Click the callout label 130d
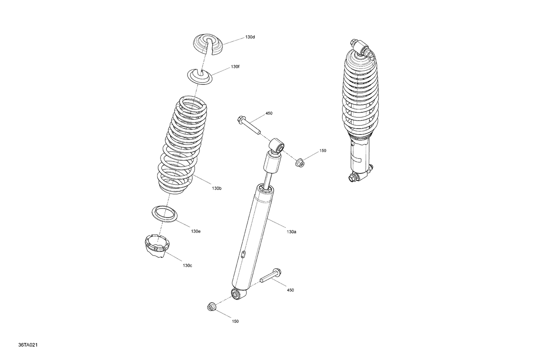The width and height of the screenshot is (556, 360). [x=250, y=37]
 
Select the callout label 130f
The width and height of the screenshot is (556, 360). [x=235, y=67]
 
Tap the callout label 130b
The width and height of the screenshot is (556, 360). [x=217, y=189]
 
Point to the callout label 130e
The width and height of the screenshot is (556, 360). [x=196, y=231]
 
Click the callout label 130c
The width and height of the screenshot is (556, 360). [x=187, y=266]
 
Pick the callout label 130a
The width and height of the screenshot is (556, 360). [x=291, y=232]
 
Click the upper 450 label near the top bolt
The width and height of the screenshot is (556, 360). [x=269, y=113]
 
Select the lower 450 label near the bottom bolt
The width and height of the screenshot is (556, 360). [x=290, y=290]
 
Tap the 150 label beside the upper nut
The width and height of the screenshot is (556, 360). [x=323, y=151]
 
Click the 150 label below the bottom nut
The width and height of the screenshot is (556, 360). [x=235, y=321]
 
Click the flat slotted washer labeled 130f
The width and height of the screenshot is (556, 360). [x=199, y=76]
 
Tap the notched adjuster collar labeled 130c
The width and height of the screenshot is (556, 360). [x=156, y=247]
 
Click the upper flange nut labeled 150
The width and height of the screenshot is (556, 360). [x=300, y=162]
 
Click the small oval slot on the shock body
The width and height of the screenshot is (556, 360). [x=243, y=254]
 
